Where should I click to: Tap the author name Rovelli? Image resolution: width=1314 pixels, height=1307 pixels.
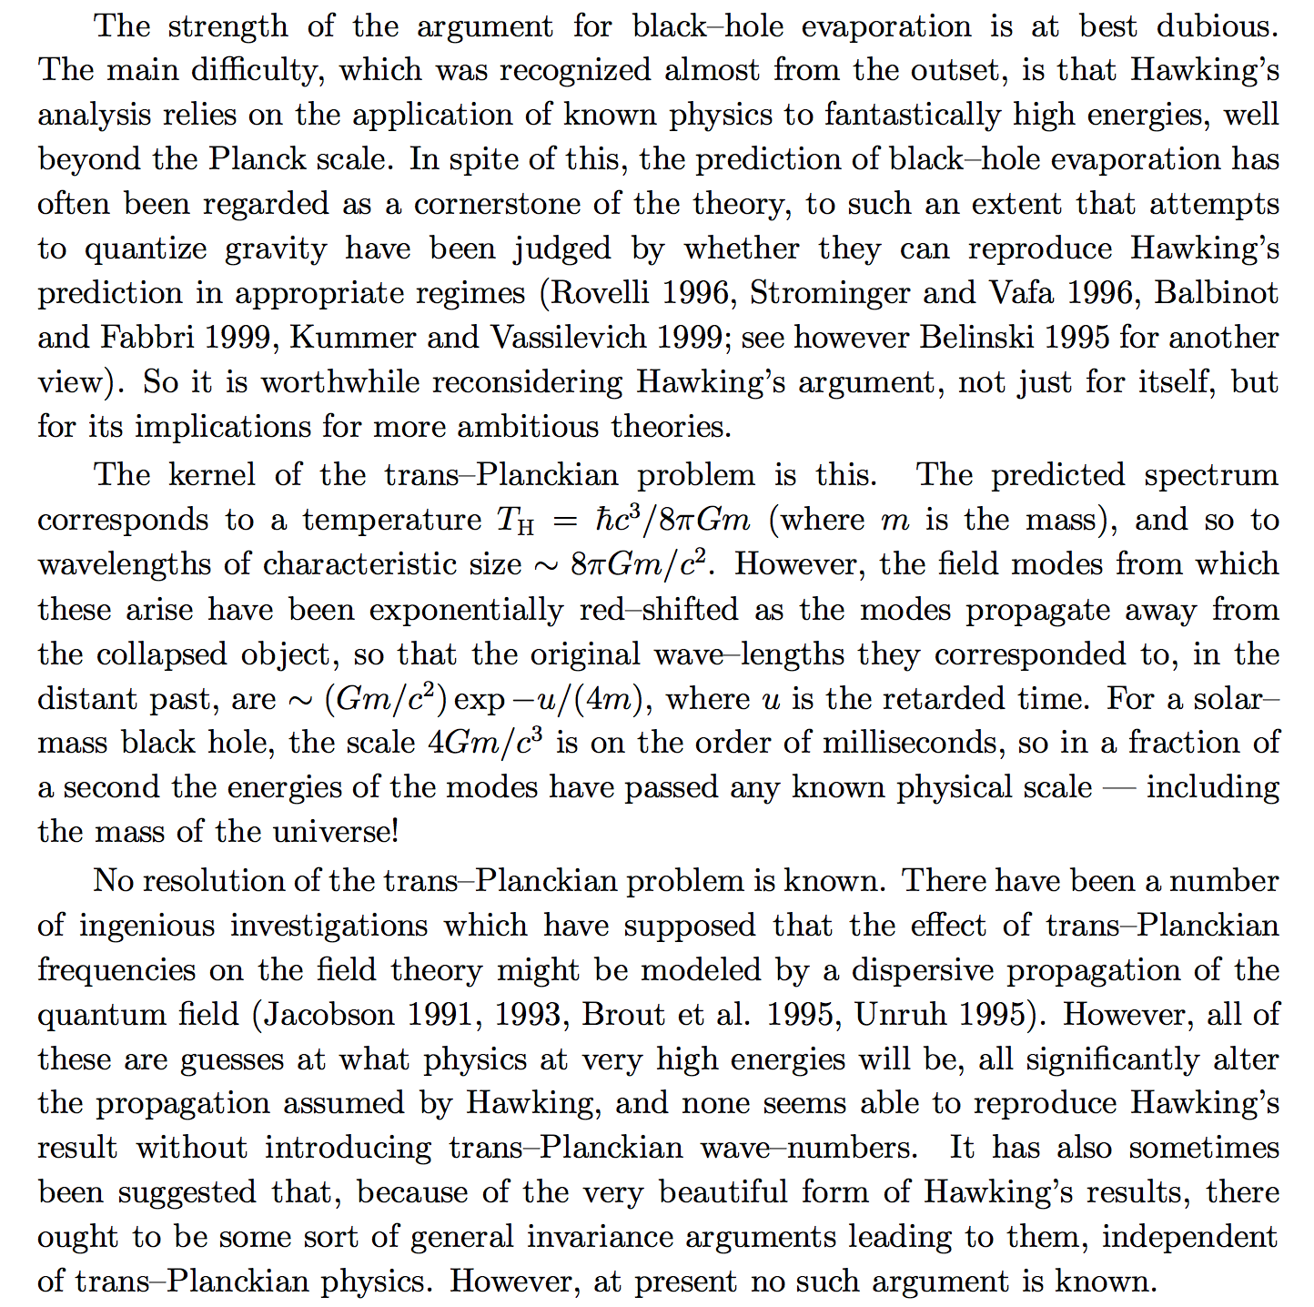pyautogui.click(x=601, y=293)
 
